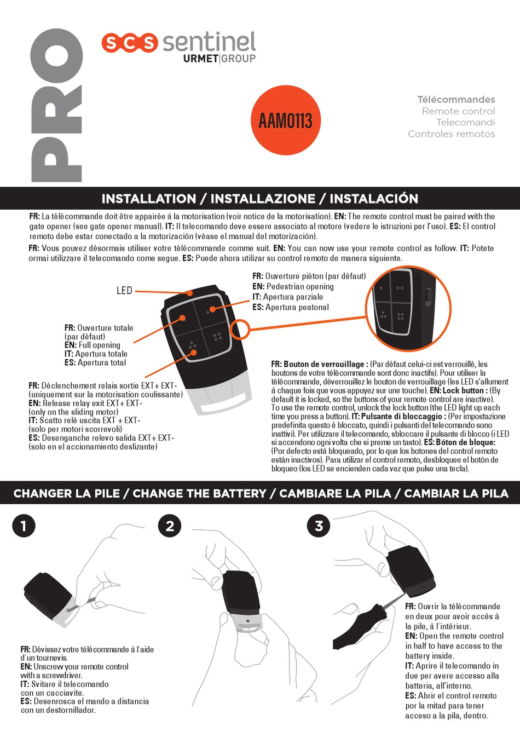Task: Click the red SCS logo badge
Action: pos(129,43)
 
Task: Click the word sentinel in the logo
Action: pos(209,42)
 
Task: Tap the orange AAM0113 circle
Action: pos(285,120)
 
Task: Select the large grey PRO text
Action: pos(56,105)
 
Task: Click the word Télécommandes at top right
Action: pos(456,100)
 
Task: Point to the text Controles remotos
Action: pos(451,134)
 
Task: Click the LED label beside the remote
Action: pos(124,291)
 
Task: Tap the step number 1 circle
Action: pos(24,526)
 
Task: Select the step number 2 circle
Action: pos(170,526)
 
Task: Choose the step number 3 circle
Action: pos(319,526)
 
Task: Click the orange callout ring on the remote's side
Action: pos(240,330)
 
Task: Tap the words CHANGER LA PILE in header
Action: pos(66,494)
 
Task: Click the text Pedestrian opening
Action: pos(300,286)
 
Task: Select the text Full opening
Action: pos(99,345)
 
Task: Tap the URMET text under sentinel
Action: pos(201,59)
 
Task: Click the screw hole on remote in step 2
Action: pos(248,621)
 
